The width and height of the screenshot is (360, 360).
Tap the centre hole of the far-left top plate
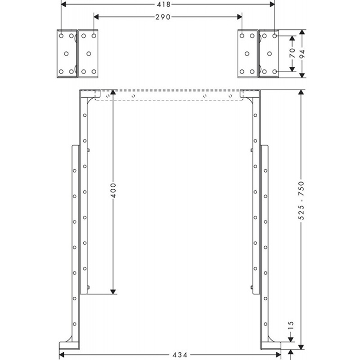point(66,53)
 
